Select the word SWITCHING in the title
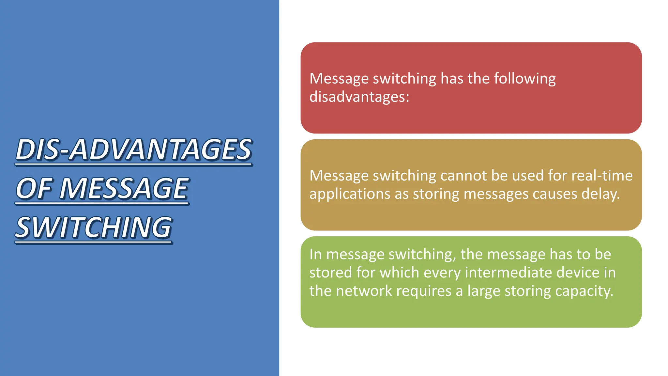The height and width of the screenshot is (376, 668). click(94, 227)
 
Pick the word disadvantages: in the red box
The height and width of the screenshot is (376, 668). click(359, 97)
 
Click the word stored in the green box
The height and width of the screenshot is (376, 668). click(330, 273)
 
